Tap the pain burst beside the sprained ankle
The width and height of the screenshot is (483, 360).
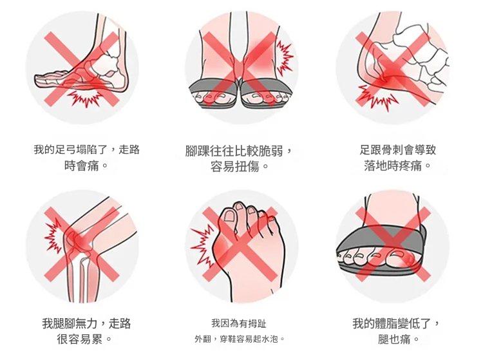point(284,57)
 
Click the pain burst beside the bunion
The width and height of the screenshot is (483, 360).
point(202,247)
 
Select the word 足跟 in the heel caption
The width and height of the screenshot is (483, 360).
point(370,150)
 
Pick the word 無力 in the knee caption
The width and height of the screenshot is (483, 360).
point(87,324)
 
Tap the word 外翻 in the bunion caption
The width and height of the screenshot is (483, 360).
point(203,339)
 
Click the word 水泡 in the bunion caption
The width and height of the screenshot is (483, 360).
point(270,339)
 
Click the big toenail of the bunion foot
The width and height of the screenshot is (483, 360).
point(229,215)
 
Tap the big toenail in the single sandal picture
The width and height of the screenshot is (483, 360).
point(398,254)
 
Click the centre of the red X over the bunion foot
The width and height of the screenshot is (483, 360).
point(241,244)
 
